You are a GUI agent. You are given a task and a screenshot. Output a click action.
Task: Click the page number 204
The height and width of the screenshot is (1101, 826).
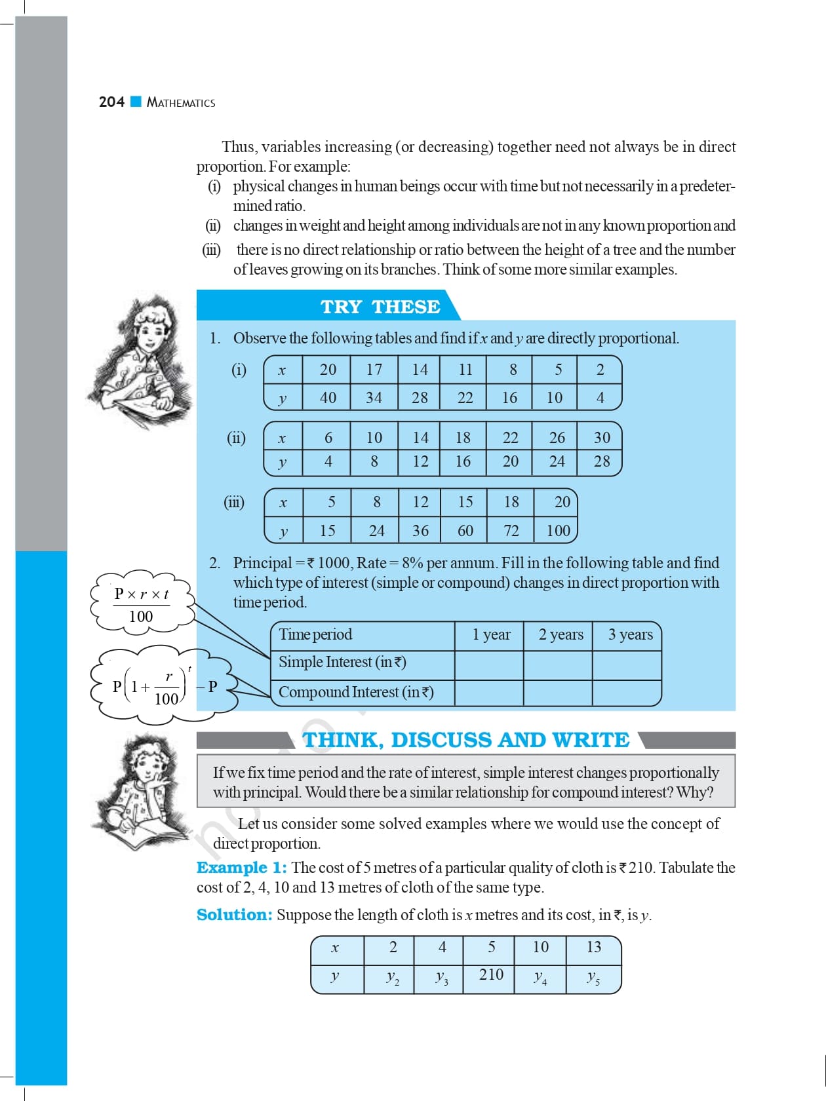point(111,102)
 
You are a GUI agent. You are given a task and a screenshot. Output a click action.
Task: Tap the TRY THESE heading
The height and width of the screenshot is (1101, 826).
point(380,307)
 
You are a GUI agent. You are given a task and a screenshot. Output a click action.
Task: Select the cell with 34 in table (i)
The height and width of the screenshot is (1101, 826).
point(374,397)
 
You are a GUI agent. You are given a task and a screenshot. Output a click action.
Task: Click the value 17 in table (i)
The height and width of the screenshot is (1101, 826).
point(374,370)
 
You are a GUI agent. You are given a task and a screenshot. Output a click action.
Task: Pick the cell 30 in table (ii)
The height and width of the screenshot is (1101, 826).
point(601,437)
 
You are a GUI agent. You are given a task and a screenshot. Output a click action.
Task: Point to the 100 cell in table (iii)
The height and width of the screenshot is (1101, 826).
point(558,530)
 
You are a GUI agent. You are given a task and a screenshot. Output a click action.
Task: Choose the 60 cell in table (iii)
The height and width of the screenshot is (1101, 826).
point(465,530)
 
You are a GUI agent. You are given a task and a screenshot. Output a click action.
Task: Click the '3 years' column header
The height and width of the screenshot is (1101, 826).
point(630,634)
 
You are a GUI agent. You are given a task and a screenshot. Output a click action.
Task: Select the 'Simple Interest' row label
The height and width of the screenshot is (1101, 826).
point(342,662)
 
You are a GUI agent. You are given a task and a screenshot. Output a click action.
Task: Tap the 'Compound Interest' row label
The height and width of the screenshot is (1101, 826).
point(356,692)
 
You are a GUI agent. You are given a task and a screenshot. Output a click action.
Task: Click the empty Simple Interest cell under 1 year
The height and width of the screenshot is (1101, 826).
point(489,665)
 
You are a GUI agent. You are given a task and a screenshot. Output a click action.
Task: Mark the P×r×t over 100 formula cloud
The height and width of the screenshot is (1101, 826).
point(142,604)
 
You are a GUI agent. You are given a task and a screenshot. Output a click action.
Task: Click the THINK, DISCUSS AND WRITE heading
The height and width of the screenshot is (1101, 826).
point(465,740)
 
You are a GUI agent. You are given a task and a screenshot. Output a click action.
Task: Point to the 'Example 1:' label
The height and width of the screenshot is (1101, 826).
point(241,868)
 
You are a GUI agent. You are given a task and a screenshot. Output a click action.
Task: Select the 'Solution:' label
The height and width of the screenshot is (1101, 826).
point(234,915)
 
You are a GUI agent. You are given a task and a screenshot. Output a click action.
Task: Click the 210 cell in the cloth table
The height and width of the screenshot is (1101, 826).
point(491,975)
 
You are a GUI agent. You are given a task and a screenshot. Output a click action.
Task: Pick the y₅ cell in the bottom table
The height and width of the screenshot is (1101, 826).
point(593,978)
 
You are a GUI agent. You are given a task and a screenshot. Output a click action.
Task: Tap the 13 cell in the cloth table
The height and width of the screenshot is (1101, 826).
point(593,947)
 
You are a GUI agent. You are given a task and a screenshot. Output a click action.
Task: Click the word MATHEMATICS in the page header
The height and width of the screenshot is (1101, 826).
point(181,102)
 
